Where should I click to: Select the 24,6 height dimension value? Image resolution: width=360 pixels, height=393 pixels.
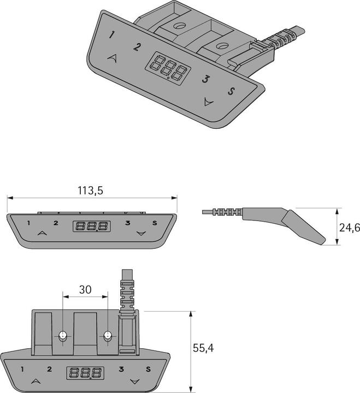[349, 228]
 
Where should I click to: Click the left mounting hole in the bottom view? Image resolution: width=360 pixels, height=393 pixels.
[63, 336]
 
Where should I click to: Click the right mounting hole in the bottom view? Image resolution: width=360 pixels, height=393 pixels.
[108, 336]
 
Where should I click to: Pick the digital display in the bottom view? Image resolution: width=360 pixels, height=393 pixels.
[85, 373]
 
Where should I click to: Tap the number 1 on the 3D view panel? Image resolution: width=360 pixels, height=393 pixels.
[112, 35]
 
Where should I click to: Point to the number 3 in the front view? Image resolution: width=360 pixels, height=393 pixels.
[127, 223]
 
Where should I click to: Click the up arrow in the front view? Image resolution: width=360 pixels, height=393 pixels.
[42, 233]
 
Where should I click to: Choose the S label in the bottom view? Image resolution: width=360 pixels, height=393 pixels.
[148, 370]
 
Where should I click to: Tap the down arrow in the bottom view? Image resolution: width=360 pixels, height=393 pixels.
[134, 380]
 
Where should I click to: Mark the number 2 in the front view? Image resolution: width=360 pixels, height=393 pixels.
[55, 223]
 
